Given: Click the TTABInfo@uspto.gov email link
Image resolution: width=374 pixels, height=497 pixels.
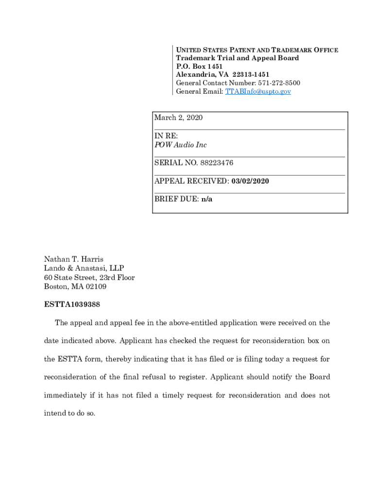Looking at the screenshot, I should pyautogui.click(x=258, y=91).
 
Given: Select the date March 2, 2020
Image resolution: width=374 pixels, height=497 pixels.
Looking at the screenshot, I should pyautogui.click(x=178, y=118).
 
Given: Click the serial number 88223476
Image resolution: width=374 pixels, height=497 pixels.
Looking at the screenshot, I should pyautogui.click(x=214, y=163).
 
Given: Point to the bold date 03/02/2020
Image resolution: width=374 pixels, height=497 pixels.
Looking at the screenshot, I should pyautogui.click(x=250, y=181).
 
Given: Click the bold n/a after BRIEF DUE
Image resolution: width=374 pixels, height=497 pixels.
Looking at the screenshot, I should pyautogui.click(x=207, y=199).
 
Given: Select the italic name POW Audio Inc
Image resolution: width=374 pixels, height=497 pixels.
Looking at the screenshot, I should pyautogui.click(x=181, y=145).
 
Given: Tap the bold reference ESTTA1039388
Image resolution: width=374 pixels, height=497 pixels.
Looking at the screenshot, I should pyautogui.click(x=72, y=305).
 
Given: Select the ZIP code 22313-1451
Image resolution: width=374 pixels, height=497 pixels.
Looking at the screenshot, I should pyautogui.click(x=251, y=75).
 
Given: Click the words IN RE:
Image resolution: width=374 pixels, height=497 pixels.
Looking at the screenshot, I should pyautogui.click(x=166, y=136).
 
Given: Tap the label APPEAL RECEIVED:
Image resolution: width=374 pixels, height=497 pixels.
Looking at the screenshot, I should pyautogui.click(x=191, y=181).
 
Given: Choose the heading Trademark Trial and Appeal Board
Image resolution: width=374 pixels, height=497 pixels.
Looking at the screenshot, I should pyautogui.click(x=238, y=58).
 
